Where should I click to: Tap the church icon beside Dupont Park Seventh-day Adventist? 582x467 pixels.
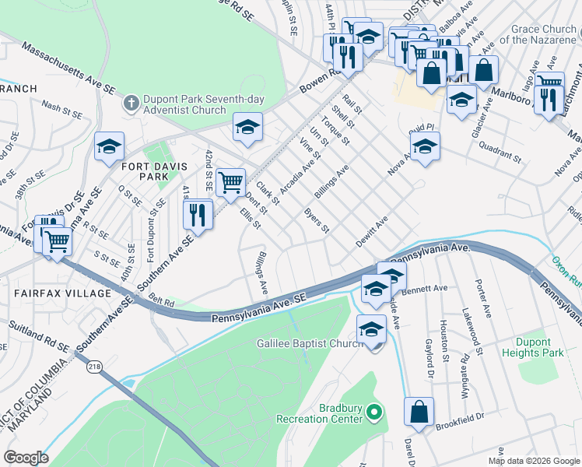point(131,103)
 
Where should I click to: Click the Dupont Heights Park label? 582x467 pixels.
point(550,347)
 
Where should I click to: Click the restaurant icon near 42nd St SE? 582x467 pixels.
point(198,214)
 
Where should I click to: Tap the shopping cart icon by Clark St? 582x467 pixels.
point(230,183)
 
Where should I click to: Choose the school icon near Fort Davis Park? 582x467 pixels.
point(109,146)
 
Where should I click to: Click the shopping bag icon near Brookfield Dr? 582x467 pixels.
point(419,413)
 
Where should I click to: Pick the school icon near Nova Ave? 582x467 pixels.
point(425,146)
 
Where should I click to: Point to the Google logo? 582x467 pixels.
point(26,458)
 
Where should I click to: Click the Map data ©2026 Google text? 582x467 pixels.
point(534,461)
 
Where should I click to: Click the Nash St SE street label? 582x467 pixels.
point(62,110)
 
